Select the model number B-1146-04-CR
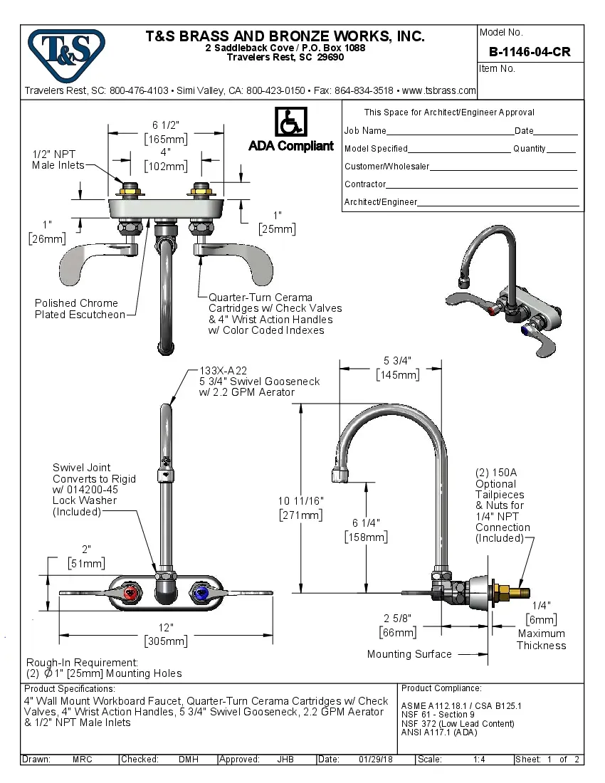[530, 53]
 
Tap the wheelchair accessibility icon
[290, 122]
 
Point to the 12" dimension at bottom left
[166, 628]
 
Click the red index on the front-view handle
[130, 593]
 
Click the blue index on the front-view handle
[200, 593]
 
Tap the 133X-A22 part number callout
[223, 370]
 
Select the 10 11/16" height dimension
[300, 502]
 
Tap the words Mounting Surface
[409, 654]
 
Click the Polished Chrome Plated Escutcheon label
[80, 309]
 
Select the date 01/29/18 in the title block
[377, 760]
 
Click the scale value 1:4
[479, 760]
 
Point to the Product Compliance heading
[441, 688]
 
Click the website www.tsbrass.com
[438, 91]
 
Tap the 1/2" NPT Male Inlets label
[58, 159]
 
